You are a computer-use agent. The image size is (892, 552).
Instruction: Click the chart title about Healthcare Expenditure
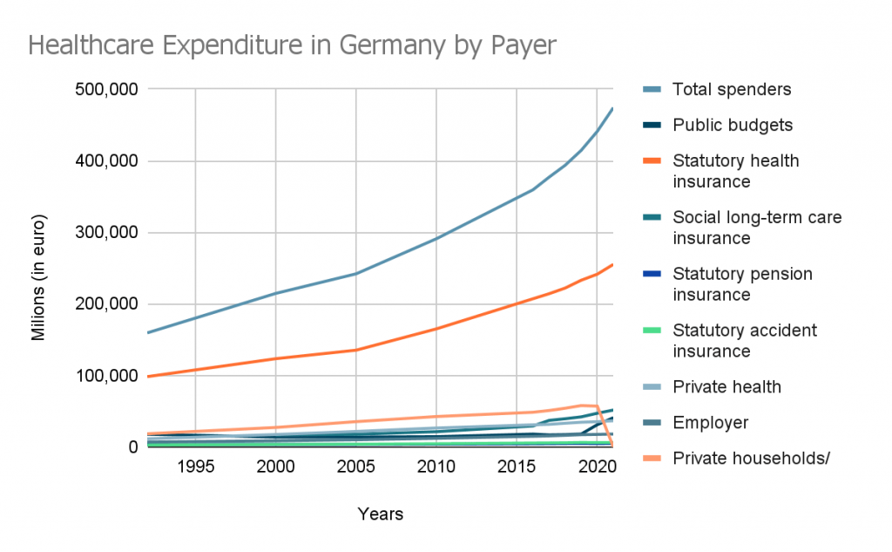(x=292, y=44)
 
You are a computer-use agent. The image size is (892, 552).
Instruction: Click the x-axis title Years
(x=381, y=515)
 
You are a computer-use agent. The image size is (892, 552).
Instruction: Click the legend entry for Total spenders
(x=732, y=89)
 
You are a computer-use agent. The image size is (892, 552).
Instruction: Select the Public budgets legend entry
(x=733, y=125)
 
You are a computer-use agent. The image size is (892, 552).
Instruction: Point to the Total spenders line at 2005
(x=355, y=273)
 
